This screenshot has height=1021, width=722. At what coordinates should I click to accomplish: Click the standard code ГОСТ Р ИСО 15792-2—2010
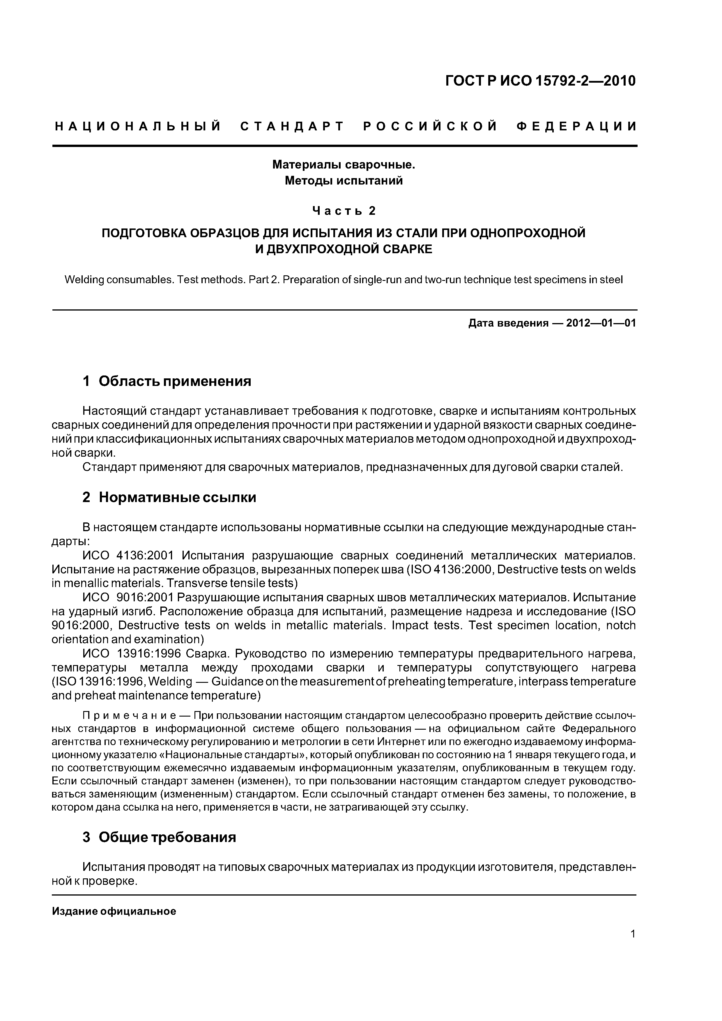[541, 81]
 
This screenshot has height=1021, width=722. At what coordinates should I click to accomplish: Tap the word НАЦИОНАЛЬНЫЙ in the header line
[138, 127]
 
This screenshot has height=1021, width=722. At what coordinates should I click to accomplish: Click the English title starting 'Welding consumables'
[344, 280]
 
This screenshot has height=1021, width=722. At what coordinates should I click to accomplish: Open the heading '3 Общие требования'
[159, 837]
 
